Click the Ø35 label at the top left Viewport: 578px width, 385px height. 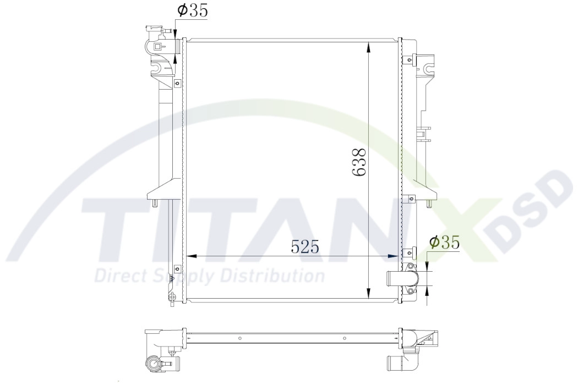pyautogui.click(x=192, y=11)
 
